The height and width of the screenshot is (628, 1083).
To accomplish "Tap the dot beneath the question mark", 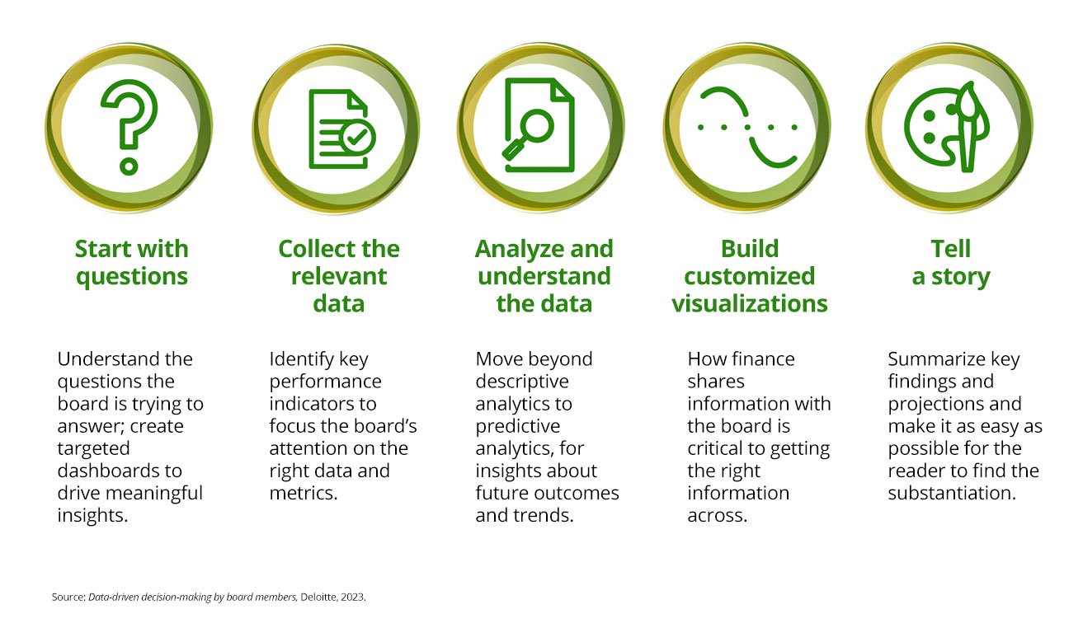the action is pos(129,166).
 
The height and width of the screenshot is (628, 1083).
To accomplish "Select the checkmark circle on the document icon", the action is pos(357,137).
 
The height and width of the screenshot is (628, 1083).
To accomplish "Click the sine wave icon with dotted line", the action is pos(747,128).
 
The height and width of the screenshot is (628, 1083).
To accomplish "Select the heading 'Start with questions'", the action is pos(131,263).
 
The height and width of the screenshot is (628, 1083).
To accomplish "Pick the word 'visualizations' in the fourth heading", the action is pos(750,304).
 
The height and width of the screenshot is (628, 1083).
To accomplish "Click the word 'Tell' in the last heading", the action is pos(950,249).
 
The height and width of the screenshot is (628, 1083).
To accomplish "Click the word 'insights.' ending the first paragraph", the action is pos(92,516).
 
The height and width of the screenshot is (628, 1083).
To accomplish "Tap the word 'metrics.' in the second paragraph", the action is pos(304,493).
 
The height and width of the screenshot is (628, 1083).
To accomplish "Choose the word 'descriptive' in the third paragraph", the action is pos(521,382).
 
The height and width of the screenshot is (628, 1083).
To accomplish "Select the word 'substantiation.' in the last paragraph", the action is pos(952,493).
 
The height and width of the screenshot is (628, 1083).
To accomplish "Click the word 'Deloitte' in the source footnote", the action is pos(318,597).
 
